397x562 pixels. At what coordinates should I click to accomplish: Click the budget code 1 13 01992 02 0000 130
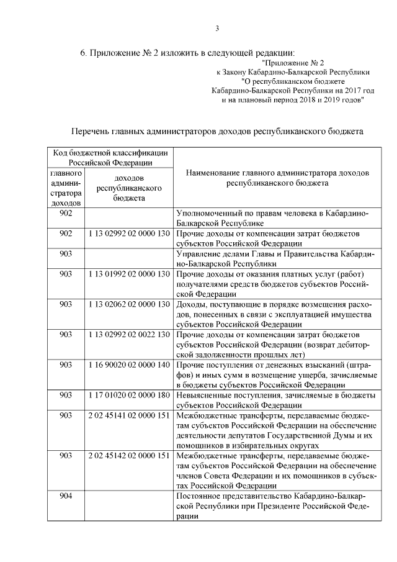(129, 274)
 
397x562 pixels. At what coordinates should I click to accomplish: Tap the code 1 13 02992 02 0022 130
(129, 334)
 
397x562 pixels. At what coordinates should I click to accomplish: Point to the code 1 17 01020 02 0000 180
(129, 395)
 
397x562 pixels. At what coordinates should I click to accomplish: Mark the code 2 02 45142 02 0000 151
(129, 455)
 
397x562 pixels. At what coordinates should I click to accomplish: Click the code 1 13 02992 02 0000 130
(129, 233)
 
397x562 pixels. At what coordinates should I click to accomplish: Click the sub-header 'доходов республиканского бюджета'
(129, 188)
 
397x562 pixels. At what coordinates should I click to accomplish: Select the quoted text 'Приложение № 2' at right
(293, 63)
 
